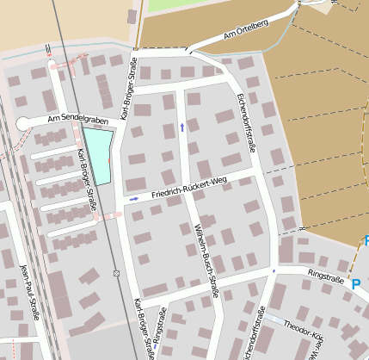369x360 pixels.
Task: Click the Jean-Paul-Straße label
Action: pos(29,292)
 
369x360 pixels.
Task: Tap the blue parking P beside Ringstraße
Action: pos(355,284)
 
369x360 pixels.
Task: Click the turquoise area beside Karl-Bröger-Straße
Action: pos(99,155)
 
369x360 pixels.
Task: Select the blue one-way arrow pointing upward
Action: pos(181,127)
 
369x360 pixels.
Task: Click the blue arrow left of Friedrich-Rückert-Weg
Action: pos(133,199)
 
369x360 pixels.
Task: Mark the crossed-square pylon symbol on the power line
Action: pos(115,273)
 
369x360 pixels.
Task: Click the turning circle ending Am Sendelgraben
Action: pos(23,124)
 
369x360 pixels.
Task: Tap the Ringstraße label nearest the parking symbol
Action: pos(325,278)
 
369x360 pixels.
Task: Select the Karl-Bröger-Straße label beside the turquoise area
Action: pos(86,179)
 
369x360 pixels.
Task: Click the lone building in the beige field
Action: pos(132,16)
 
